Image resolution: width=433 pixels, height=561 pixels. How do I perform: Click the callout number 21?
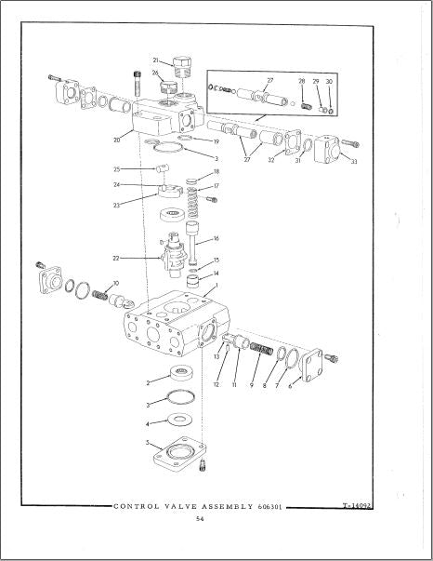(x=155, y=60)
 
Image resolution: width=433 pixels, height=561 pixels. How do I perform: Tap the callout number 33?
(x=354, y=162)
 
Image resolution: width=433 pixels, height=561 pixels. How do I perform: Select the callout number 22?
(x=116, y=258)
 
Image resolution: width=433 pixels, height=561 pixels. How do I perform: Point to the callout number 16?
(x=216, y=239)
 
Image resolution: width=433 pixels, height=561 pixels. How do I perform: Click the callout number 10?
(x=116, y=284)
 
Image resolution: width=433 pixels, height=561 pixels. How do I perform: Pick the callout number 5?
(x=147, y=443)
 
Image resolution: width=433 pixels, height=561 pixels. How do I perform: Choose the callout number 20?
(x=117, y=140)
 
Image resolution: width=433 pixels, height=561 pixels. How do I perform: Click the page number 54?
(x=200, y=519)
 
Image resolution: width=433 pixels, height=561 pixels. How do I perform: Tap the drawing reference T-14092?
(x=357, y=505)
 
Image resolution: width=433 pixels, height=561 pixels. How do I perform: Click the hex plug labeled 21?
(x=182, y=67)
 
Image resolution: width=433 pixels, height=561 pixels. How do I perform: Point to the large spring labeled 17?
(x=192, y=202)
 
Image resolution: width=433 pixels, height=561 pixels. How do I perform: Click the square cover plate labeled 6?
(x=312, y=365)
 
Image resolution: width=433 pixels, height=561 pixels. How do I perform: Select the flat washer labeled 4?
(x=179, y=419)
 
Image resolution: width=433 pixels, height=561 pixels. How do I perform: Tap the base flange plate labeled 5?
(x=179, y=453)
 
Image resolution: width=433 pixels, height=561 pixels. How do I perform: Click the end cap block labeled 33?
(x=326, y=149)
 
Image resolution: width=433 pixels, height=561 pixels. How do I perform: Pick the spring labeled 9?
(x=262, y=349)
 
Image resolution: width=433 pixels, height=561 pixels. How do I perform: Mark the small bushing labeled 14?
(x=192, y=281)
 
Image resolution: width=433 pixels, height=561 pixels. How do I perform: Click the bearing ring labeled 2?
(x=182, y=373)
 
